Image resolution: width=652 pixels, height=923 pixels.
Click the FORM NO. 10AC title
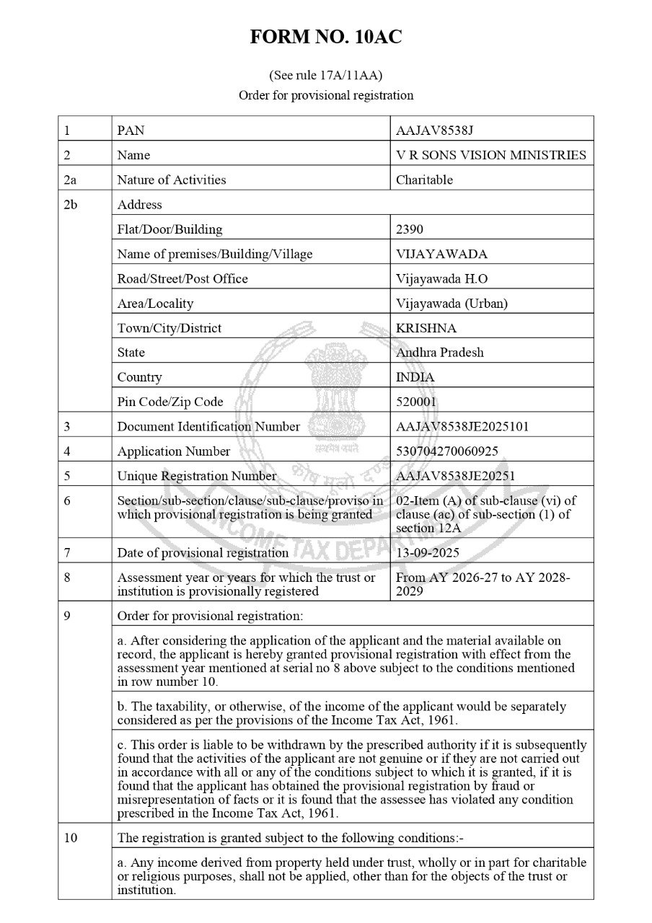(x=326, y=38)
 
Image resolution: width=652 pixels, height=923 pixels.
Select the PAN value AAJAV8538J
(x=434, y=131)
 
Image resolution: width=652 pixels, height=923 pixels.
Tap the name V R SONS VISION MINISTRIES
(x=490, y=155)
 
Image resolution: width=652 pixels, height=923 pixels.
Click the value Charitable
(x=424, y=180)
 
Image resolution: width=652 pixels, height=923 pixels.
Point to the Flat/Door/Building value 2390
(x=410, y=229)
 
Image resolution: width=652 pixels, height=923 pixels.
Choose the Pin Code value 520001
(x=416, y=402)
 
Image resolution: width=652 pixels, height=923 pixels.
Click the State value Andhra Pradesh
(x=439, y=353)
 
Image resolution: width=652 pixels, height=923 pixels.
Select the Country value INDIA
(x=415, y=377)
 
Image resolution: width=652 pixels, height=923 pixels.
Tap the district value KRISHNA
(x=426, y=328)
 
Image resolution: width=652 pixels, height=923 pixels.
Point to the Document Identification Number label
(x=208, y=426)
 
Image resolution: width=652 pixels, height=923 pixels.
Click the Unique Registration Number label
(x=196, y=476)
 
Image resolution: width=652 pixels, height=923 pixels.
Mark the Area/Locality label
(x=155, y=304)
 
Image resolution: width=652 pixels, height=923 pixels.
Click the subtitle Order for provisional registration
(x=326, y=95)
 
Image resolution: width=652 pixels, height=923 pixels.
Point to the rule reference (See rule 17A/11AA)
(x=326, y=75)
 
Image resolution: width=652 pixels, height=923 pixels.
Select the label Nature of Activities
(x=171, y=180)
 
